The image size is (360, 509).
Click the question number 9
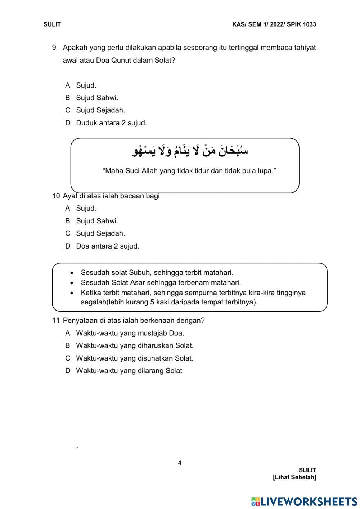[54, 48]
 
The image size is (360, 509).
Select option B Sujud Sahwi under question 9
[96, 98]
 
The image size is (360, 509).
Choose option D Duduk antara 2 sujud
[111, 123]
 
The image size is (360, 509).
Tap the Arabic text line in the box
[190, 150]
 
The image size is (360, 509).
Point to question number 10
[56, 196]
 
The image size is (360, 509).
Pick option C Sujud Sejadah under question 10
[100, 233]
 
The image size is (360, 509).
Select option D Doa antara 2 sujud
[107, 246]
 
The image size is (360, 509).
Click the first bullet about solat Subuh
[157, 273]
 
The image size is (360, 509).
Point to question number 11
[56, 320]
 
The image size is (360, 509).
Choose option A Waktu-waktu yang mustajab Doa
[130, 333]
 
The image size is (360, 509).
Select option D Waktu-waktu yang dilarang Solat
[129, 371]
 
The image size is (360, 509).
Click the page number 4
[180, 463]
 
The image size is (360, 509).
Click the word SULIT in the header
[52, 24]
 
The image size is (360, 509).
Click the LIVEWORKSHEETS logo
[304, 501]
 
